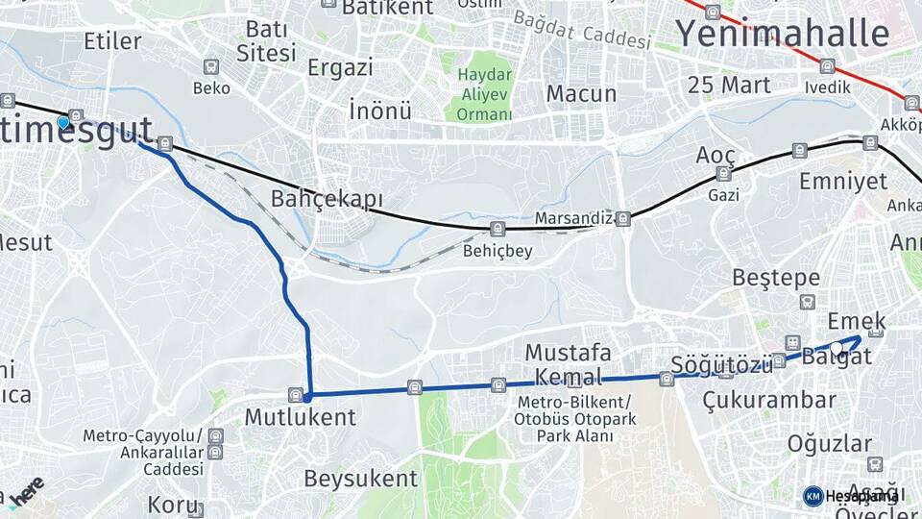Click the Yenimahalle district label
[783, 34]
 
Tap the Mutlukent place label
[300, 417]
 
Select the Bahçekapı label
[327, 200]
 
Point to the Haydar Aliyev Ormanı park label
[484, 94]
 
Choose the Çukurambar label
[768, 399]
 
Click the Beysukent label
[360, 478]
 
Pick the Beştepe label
[776, 278]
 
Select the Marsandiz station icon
[623, 218]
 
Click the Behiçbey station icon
[497, 230]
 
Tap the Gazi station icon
[723, 174]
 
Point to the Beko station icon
[211, 67]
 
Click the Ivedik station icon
[828, 66]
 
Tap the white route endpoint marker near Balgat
[837, 348]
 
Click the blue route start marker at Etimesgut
[63, 122]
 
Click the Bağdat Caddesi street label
[582, 29]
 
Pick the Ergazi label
[340, 67]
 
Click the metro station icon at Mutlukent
[295, 394]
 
